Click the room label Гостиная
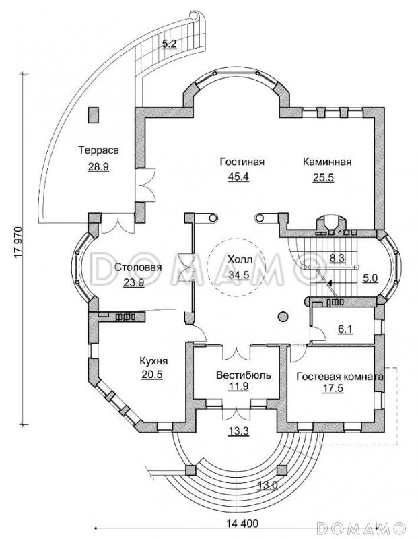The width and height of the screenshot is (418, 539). [x=242, y=162]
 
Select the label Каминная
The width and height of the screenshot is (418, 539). [x=327, y=162]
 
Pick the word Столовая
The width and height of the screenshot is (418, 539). [x=138, y=267]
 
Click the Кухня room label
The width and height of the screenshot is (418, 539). [x=153, y=361]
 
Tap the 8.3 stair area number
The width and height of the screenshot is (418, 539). [x=337, y=257]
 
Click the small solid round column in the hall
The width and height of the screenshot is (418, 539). [x=282, y=316]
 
